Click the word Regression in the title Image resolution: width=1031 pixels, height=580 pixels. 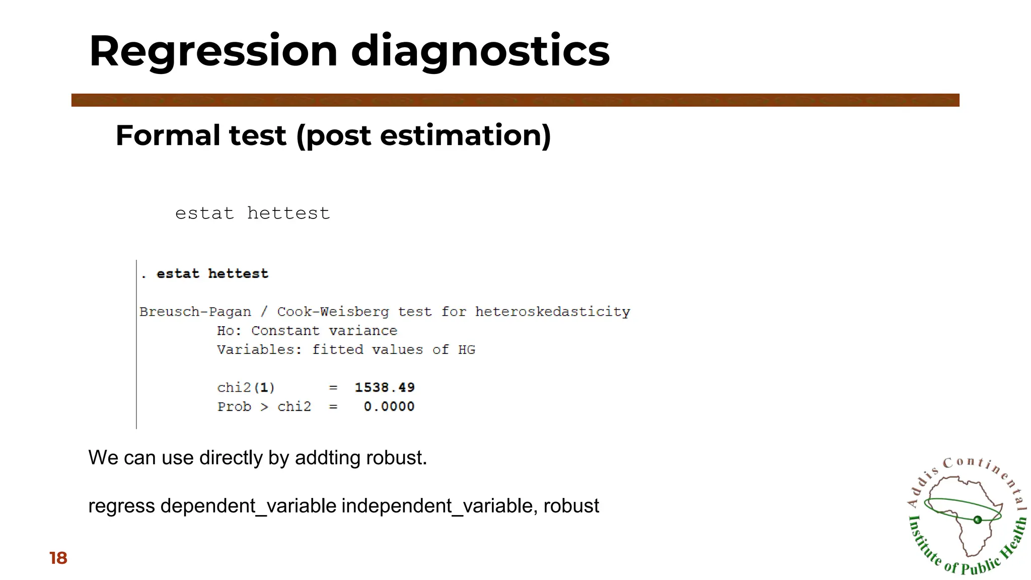click(213, 51)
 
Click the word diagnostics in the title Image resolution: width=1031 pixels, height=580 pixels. click(480, 51)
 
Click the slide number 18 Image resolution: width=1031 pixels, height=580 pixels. click(58, 558)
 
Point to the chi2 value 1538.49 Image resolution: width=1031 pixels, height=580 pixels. click(385, 387)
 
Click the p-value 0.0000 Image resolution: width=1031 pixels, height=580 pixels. click(389, 406)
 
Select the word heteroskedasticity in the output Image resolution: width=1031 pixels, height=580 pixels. click(552, 312)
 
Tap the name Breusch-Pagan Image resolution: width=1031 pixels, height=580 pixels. click(195, 312)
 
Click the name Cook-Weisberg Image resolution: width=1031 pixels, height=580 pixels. click(333, 312)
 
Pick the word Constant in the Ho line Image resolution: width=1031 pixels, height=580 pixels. click(285, 331)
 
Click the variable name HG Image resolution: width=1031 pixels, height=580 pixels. click(467, 349)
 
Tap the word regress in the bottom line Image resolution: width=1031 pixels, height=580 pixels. click(121, 505)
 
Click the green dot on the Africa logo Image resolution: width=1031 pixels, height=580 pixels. click(978, 520)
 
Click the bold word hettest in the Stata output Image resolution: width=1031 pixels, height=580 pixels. click(238, 273)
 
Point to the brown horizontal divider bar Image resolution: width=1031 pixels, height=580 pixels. click(515, 100)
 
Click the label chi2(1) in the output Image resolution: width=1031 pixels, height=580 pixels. click(246, 387)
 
